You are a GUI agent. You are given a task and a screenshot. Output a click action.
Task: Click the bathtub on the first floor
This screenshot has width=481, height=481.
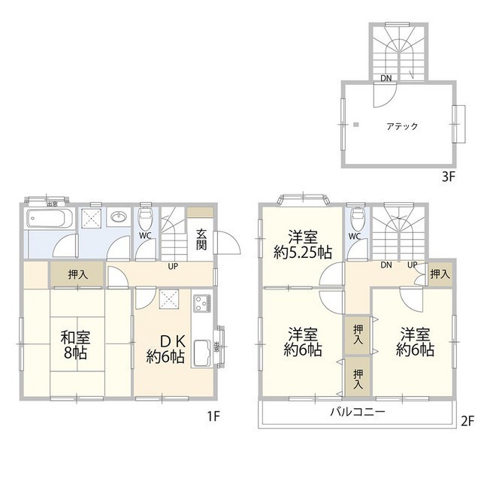[49, 219]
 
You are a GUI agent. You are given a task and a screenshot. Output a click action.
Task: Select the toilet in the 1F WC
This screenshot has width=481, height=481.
[147, 219]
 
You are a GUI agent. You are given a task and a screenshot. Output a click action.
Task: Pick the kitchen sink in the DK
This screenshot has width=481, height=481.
[203, 350]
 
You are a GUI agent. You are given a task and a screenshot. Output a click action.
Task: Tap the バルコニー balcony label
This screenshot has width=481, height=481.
[358, 413]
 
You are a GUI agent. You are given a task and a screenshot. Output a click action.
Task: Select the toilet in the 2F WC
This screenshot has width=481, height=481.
[357, 219]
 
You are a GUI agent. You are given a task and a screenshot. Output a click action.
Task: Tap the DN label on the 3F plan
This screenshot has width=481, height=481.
[386, 78]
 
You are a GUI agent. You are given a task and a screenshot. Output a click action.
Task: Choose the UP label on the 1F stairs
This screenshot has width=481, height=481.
[173, 267]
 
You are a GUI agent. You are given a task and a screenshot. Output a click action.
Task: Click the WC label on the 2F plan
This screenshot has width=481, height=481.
[355, 236]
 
